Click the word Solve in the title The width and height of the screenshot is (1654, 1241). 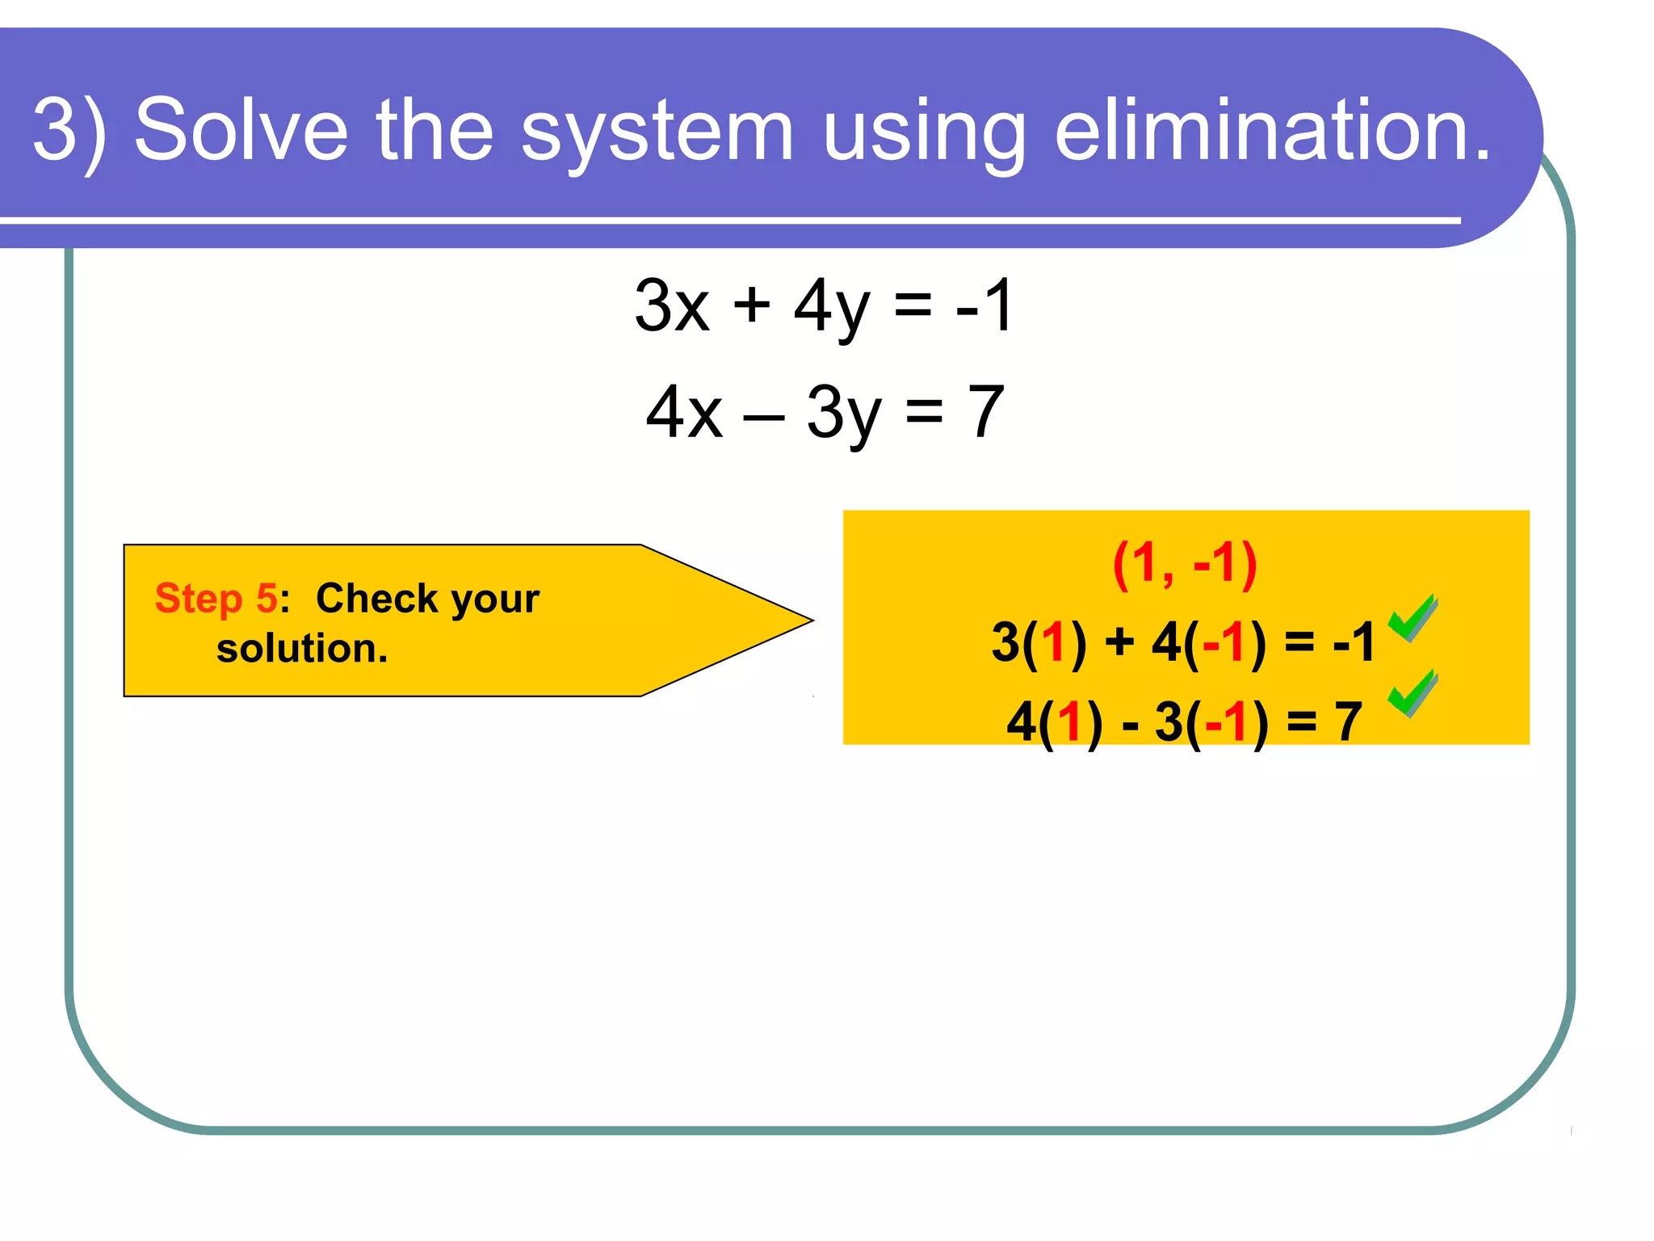(x=241, y=129)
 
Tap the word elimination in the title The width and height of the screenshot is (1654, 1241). (x=1273, y=129)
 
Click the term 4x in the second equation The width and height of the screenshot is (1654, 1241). (x=684, y=412)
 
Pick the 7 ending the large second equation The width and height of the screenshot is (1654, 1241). (x=986, y=412)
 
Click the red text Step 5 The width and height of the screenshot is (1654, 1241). (x=216, y=599)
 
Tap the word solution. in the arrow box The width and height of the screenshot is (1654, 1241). (x=302, y=648)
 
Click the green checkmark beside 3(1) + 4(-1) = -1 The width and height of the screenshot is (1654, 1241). (x=1412, y=618)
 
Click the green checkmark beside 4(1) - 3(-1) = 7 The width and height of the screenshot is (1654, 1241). (x=1412, y=693)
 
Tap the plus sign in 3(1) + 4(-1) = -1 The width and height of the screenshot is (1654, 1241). (x=1119, y=642)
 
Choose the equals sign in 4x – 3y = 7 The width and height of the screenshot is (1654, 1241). (x=924, y=412)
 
